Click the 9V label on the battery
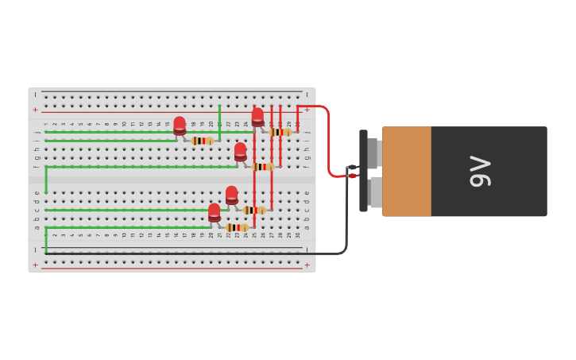481,171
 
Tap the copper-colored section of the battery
407,171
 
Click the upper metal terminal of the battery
373,153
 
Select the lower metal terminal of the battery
375,192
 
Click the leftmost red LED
180,126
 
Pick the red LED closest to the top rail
257,117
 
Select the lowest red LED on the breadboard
215,212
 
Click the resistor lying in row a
236,227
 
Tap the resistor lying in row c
254,210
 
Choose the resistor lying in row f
262,167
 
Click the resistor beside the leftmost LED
202,141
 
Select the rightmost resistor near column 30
280,132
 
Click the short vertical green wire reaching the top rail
219,119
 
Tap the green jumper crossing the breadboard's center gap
46,180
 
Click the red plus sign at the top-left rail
35,110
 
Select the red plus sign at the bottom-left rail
35,265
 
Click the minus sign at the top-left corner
35,95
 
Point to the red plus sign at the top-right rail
307,110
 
